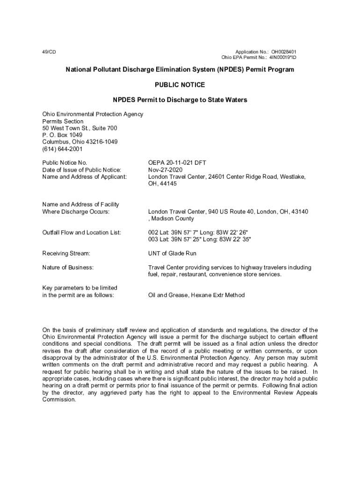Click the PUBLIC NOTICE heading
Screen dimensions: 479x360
point(180,85)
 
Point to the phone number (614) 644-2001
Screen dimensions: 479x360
point(62,149)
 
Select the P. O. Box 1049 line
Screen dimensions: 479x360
point(62,135)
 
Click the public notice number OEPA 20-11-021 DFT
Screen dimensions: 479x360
point(177,163)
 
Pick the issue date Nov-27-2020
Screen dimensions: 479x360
point(165,170)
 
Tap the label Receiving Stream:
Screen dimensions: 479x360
point(66,253)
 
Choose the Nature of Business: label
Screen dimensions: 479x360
point(68,268)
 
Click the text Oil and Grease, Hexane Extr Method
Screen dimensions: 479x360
point(196,295)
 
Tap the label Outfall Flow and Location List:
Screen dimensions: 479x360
point(82,232)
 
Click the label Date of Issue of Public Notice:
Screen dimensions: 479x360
point(82,170)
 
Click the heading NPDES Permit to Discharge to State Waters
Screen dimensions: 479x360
point(180,100)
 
